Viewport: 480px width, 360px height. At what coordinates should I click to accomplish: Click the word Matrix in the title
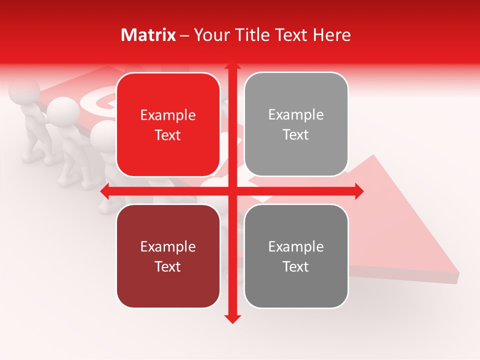pos(148,35)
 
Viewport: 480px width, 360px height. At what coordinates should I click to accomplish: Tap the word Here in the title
pos(332,35)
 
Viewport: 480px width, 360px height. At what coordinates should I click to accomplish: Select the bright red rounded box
pos(168,124)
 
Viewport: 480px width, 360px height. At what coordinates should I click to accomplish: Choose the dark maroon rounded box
pos(168,256)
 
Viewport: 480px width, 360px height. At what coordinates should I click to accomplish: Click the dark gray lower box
pos(296,256)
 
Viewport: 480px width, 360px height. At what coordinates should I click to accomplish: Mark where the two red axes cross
pos(232,191)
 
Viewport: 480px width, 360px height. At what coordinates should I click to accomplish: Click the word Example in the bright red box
pos(168,115)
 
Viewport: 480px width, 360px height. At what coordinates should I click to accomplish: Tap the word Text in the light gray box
pos(296,135)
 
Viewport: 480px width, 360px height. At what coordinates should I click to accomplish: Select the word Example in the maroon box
pos(168,247)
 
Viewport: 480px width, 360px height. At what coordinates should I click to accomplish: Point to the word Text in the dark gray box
pos(296,266)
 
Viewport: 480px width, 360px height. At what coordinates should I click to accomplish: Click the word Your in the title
pos(210,35)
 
